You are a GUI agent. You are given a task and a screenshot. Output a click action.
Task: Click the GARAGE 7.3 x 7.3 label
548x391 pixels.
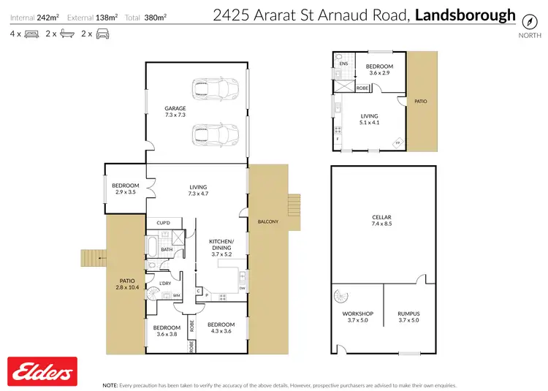pyautogui.click(x=175, y=112)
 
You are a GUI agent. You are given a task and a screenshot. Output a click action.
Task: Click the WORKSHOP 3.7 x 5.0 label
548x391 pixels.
pyautogui.click(x=358, y=317)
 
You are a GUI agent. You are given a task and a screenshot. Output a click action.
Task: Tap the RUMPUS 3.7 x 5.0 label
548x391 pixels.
pyautogui.click(x=410, y=317)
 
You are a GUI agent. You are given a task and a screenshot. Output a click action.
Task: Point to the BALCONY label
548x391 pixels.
pyautogui.click(x=268, y=221)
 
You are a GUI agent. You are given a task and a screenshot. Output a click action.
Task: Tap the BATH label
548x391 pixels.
pyautogui.click(x=167, y=249)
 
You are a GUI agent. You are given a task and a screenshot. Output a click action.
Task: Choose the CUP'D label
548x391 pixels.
pyautogui.click(x=163, y=223)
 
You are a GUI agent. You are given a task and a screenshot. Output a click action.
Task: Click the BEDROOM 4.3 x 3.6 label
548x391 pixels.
pyautogui.click(x=221, y=328)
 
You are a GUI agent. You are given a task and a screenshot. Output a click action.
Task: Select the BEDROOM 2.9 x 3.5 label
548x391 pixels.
pyautogui.click(x=125, y=189)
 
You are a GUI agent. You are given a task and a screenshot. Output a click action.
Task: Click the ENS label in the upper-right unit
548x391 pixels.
pyautogui.click(x=343, y=64)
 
